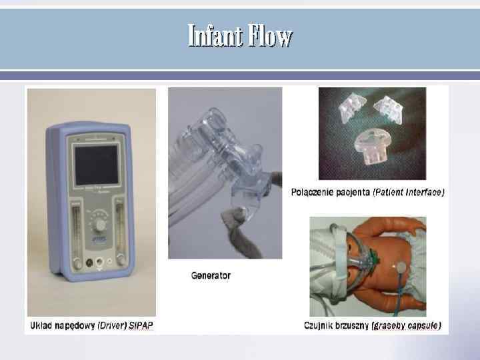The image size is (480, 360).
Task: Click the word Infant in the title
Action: point(215,35)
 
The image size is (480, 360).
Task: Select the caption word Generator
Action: point(211,275)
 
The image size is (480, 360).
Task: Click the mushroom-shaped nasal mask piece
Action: point(375,145)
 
